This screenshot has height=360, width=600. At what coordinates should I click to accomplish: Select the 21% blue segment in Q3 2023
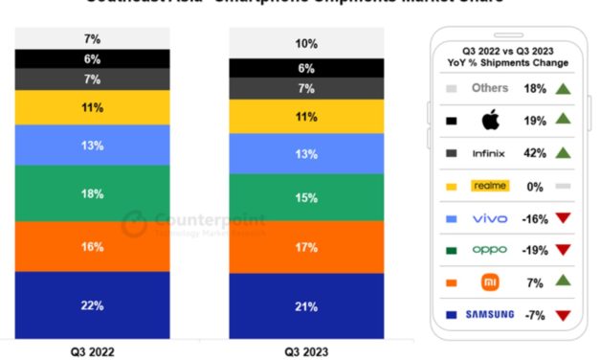tap(305, 306)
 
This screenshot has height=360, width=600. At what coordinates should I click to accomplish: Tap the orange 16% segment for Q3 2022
tap(92, 246)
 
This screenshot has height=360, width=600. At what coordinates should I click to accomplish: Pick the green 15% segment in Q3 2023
tap(305, 197)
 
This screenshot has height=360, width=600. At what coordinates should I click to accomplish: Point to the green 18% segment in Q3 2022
tap(92, 193)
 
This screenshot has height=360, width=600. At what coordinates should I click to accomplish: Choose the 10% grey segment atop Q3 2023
tap(305, 44)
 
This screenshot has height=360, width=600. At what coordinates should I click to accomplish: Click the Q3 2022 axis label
tap(92, 351)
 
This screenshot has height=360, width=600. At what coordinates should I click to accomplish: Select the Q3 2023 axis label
tap(305, 351)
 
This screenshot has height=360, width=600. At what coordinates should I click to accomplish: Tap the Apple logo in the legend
tap(490, 121)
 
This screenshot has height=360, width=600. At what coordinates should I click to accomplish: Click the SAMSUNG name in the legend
tap(490, 314)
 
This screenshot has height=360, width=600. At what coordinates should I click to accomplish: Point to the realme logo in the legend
tap(490, 186)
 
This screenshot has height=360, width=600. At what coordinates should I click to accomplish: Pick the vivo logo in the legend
tap(490, 218)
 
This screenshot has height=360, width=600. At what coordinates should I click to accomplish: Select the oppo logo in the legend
tap(490, 250)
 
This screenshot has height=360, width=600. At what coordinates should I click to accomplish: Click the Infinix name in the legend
tap(490, 152)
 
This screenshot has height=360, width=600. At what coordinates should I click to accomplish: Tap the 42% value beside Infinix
tap(535, 152)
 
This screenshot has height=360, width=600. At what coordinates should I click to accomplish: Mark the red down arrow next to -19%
tap(563, 250)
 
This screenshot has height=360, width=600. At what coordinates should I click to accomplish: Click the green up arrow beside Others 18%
tap(563, 88)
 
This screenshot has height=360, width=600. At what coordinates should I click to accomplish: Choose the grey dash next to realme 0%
tap(563, 186)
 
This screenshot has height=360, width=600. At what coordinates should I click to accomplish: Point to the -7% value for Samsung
tap(535, 314)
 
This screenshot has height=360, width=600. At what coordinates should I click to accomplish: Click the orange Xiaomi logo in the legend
tap(490, 282)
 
